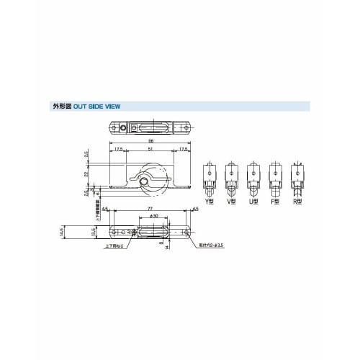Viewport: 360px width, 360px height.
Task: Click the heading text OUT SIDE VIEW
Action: click(96, 106)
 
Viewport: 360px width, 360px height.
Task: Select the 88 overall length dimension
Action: click(150, 141)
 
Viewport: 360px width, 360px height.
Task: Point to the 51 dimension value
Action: click(150, 150)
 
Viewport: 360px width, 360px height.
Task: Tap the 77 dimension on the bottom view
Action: click(150, 208)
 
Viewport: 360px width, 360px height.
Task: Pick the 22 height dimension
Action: click(86, 173)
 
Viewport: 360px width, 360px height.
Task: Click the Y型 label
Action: click(210, 202)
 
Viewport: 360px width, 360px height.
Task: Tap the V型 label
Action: click(231, 202)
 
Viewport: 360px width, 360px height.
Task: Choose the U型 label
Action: click(253, 202)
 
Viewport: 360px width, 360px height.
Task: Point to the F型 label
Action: click(274, 202)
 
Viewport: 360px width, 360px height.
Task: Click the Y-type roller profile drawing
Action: click(210, 179)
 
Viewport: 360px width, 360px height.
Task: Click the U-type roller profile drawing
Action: click(253, 179)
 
